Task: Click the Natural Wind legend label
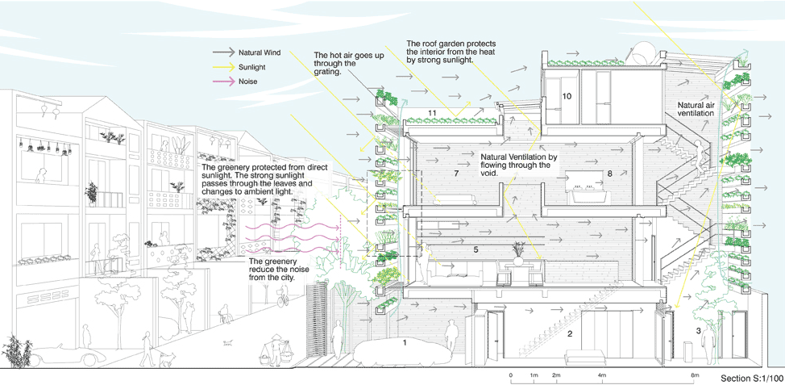click(x=259, y=52)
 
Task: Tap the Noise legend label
click(x=247, y=82)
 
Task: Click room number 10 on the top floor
click(x=567, y=96)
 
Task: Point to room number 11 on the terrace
click(x=432, y=112)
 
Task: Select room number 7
click(x=456, y=174)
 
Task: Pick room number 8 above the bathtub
click(x=610, y=174)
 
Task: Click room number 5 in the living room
click(x=476, y=250)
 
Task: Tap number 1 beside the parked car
click(x=406, y=342)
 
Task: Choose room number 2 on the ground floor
click(x=570, y=333)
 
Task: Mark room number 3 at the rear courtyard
click(x=698, y=331)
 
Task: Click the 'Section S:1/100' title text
click(x=751, y=378)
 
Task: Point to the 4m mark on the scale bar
click(x=602, y=376)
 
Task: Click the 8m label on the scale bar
click(x=695, y=376)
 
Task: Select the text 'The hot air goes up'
click(x=340, y=55)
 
